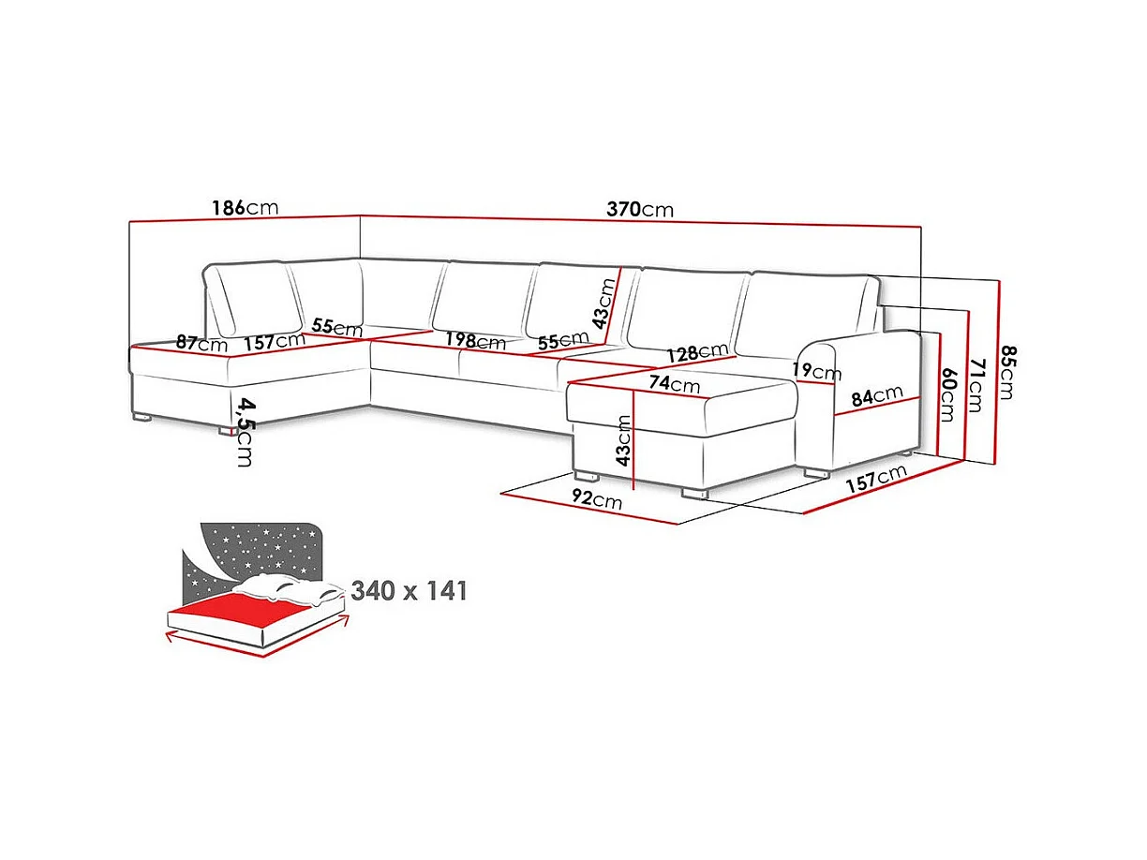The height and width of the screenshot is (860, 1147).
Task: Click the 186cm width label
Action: [245, 208]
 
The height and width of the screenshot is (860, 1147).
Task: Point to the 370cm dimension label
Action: [639, 210]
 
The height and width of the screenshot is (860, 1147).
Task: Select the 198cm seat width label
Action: [475, 342]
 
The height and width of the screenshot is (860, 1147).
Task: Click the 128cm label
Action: [697, 352]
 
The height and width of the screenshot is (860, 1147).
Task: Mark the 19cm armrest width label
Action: [815, 371]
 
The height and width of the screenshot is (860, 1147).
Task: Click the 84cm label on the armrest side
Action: [876, 397]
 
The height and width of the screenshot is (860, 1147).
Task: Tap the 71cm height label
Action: [976, 385]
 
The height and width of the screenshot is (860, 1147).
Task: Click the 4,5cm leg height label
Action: [245, 432]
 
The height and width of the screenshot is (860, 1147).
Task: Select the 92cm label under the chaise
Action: [596, 499]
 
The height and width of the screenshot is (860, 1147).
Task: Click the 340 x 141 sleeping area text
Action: [409, 590]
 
